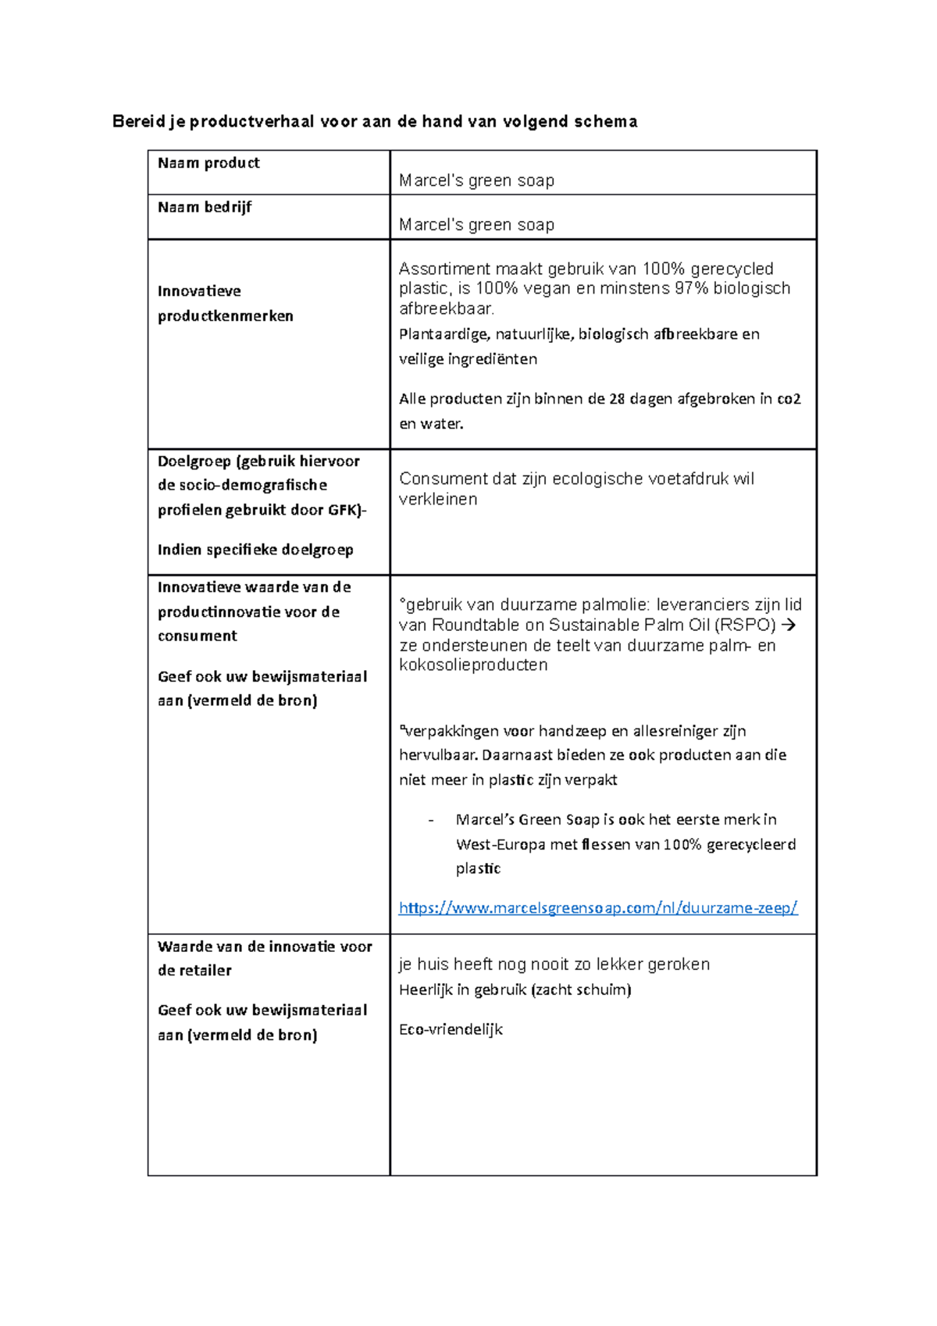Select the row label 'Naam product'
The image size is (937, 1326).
tap(208, 163)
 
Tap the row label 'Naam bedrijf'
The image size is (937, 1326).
tap(205, 208)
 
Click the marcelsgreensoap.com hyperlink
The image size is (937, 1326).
tap(597, 908)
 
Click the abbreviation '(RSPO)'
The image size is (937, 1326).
tap(745, 626)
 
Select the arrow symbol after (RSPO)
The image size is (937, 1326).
tap(789, 626)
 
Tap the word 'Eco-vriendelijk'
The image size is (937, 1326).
tap(451, 1030)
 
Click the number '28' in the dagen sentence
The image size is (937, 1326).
tap(617, 399)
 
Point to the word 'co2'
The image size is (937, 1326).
tap(789, 399)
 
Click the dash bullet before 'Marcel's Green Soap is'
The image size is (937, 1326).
tap(431, 820)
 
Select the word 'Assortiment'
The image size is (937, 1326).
tap(443, 269)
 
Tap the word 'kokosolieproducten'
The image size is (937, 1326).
tap(473, 665)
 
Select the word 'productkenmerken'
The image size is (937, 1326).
tap(225, 316)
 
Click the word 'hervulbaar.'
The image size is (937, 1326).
tap(438, 756)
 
